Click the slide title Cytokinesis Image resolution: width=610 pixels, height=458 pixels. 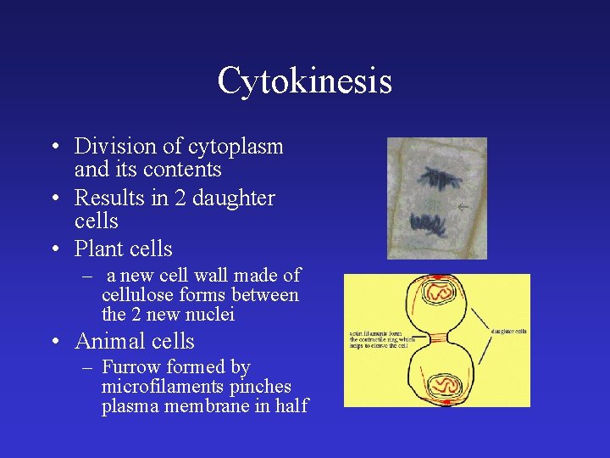304,81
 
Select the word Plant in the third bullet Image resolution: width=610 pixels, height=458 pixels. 97,249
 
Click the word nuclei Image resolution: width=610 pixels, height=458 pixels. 211,315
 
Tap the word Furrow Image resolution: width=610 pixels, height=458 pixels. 129,367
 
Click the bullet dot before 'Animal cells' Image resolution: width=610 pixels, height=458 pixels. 54,343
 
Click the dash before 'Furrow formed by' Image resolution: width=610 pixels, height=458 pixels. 86,367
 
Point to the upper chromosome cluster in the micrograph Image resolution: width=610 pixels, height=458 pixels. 437,179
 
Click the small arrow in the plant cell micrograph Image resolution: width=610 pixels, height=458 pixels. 463,207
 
